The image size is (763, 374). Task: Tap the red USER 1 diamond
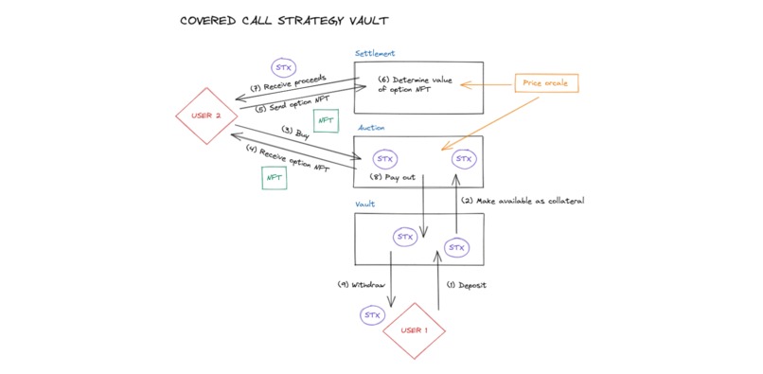(x=413, y=330)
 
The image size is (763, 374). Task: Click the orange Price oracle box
(x=544, y=84)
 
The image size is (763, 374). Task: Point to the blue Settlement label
(x=375, y=54)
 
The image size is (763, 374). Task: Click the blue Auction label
(x=370, y=127)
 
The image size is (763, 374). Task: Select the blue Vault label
(x=365, y=204)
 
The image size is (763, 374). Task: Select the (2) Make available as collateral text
(x=523, y=201)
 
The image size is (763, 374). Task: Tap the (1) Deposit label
(x=467, y=285)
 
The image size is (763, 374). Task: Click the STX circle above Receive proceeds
(x=283, y=68)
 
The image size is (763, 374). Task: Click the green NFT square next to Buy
(x=326, y=121)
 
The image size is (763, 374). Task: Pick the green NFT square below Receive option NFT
(x=275, y=177)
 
